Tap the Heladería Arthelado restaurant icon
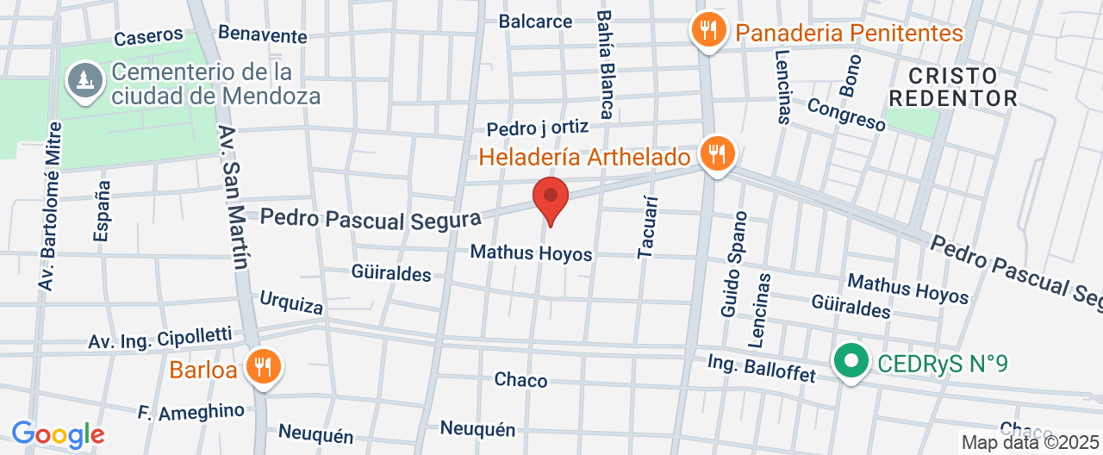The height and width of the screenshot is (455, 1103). pyautogui.click(x=715, y=155)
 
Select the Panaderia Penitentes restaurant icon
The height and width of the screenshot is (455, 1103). pyautogui.click(x=707, y=32)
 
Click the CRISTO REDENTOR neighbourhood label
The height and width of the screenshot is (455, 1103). pyautogui.click(x=952, y=86)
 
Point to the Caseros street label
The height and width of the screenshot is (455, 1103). pyautogui.click(x=148, y=36)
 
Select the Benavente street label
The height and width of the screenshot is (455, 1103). pyautogui.click(x=263, y=34)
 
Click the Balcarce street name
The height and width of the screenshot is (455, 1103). pyautogui.click(x=535, y=21)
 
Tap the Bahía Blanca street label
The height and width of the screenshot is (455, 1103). pyautogui.click(x=605, y=65)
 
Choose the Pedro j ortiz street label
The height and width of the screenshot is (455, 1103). pyautogui.click(x=537, y=128)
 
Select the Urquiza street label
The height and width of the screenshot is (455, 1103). pyautogui.click(x=291, y=302)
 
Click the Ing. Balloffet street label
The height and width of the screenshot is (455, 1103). pyautogui.click(x=761, y=368)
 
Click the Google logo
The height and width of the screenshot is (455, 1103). pyautogui.click(x=57, y=434)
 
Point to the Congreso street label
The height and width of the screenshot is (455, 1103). pyautogui.click(x=846, y=115)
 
